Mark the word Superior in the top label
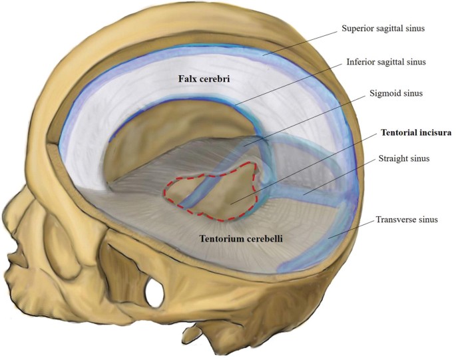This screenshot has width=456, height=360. coord(359,29)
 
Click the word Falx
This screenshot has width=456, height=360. coord(188,78)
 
